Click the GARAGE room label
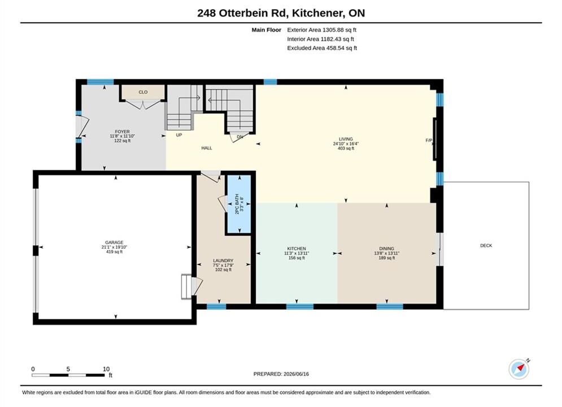114,243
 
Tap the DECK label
486,246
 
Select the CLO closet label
143,92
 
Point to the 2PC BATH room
239,204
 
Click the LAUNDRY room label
223,261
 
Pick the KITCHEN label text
297,249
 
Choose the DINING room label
386,249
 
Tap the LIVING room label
346,139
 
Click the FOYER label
122,132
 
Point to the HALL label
207,148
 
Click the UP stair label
179,135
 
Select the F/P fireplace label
429,140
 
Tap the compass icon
519,369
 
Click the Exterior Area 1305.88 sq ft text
321,30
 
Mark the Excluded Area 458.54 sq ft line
322,48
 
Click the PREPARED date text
281,374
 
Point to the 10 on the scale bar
106,369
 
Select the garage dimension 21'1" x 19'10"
114,247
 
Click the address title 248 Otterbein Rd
243,13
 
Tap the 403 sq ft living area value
346,148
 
